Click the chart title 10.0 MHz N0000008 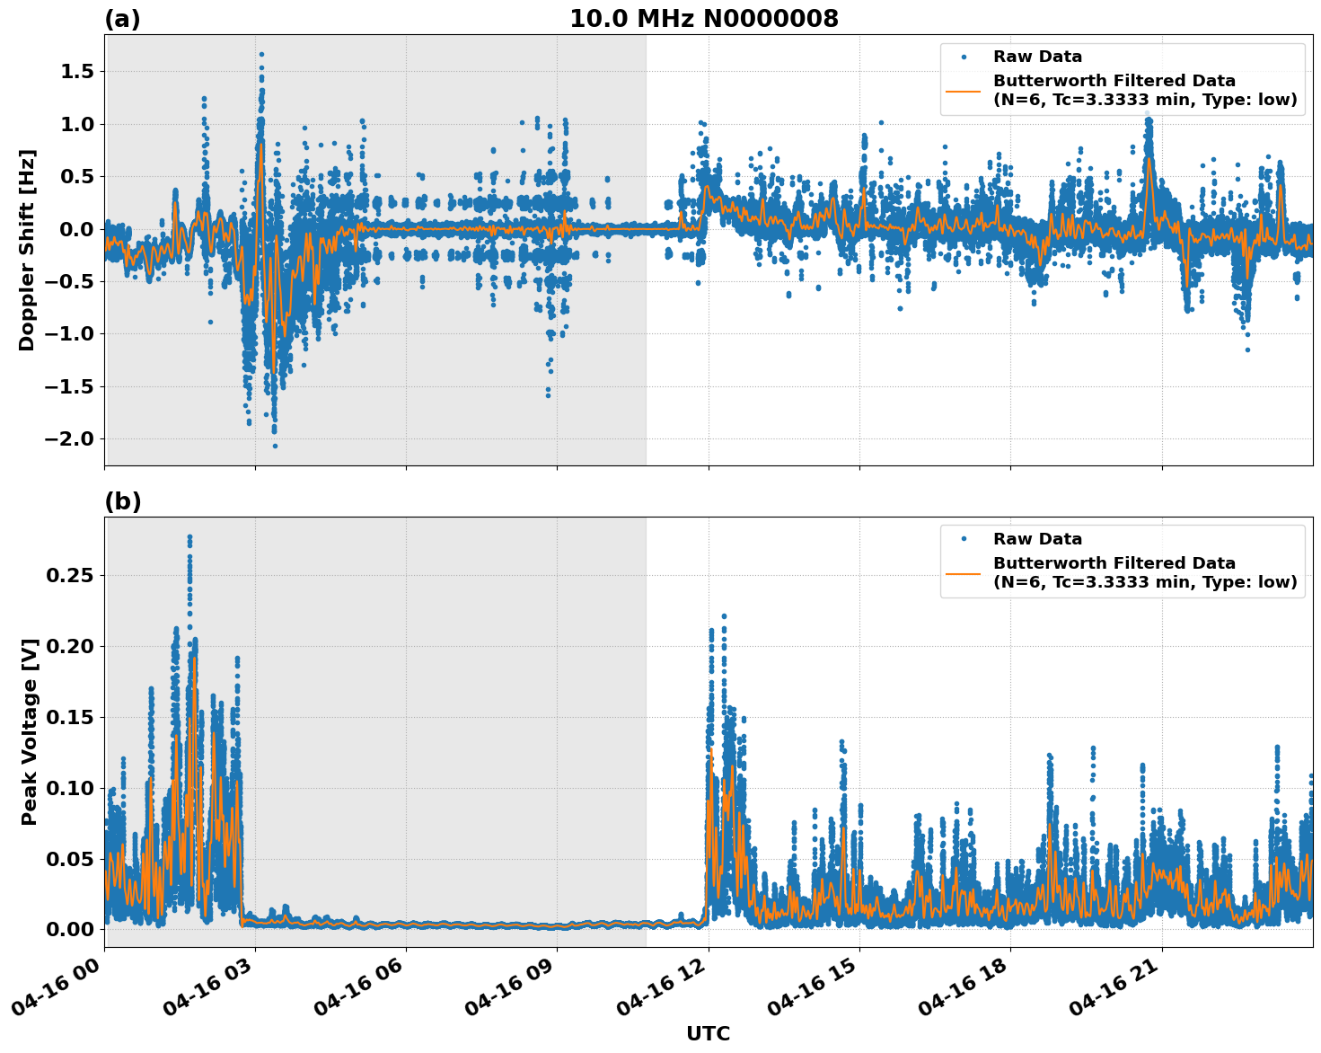703,19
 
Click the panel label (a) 122,19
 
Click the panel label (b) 123,501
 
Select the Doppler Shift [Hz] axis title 27,250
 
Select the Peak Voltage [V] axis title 30,731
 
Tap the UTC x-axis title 708,1033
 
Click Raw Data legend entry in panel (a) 1037,57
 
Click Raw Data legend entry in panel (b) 1037,539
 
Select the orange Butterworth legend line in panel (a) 963,90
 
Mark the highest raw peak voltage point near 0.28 189,536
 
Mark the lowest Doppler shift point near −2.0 275,446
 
